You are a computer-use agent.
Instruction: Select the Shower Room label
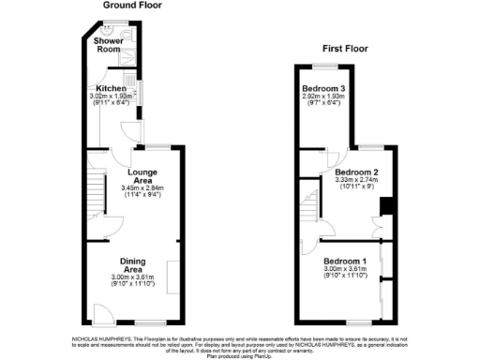click(107, 46)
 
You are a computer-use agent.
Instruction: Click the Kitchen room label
click(112, 88)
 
